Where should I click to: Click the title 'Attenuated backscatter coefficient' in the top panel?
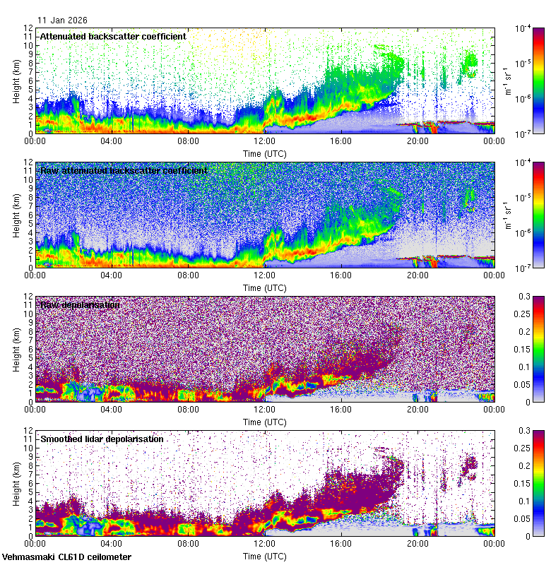pos(113,36)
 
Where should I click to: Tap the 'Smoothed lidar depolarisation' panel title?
pos(102,439)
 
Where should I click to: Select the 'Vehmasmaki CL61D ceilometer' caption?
pos(66,557)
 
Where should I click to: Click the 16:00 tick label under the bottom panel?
pos(340,544)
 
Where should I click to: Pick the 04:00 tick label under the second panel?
pos(112,275)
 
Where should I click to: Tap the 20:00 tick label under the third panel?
pos(417,410)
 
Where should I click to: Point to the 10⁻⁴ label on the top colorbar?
pos(524,28)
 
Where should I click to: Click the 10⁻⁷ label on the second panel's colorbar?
pos(524,268)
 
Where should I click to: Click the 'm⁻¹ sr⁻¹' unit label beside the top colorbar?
pos(506,80)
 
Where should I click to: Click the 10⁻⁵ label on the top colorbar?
pos(524,63)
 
